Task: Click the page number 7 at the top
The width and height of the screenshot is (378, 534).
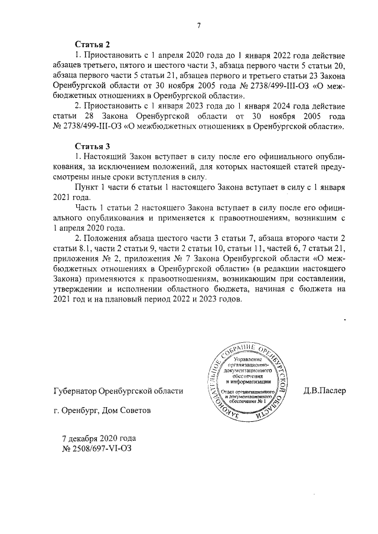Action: point(199,25)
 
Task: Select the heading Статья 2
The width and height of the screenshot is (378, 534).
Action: point(93,45)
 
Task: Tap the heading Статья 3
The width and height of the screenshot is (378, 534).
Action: point(93,146)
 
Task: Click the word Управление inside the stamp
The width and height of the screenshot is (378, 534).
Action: point(251,359)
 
